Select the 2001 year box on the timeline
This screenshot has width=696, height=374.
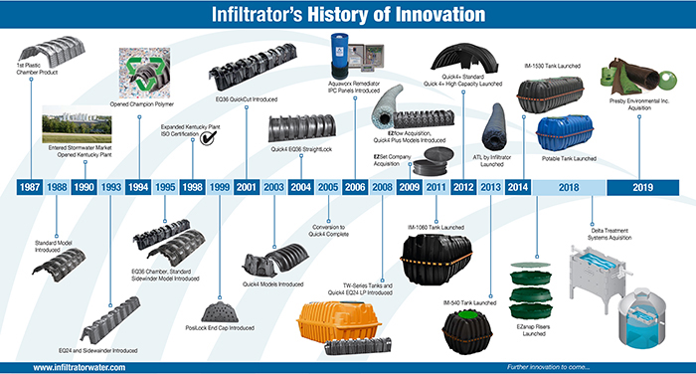pos(247,186)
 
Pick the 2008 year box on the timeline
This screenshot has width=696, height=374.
pos(382,186)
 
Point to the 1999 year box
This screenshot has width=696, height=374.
pos(220,186)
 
